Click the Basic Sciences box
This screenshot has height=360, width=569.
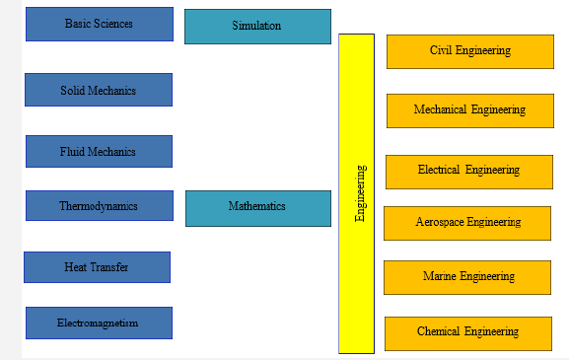coord(99,24)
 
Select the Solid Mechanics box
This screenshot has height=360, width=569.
coord(99,90)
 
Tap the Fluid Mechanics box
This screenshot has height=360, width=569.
coord(99,151)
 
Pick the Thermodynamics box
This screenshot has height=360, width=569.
coord(99,206)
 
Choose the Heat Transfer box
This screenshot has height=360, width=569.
coord(97,267)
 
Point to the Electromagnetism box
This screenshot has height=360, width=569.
coord(99,323)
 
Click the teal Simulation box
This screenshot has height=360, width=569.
coord(257,27)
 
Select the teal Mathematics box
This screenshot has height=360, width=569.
coord(257,207)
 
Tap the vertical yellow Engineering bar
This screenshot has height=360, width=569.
coord(356,193)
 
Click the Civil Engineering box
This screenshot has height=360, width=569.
coord(469,51)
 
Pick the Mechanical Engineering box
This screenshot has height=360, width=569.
coord(469,110)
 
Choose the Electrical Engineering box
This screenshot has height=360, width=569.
coord(468,171)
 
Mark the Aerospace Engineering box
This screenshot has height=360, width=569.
coord(467,223)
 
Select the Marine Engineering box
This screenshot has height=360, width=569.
coord(467,277)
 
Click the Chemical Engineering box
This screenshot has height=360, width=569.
coord(467,331)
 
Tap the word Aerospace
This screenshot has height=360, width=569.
coord(437,223)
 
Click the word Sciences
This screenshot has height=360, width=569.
coord(113,24)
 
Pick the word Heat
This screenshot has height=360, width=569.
coord(75,267)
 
